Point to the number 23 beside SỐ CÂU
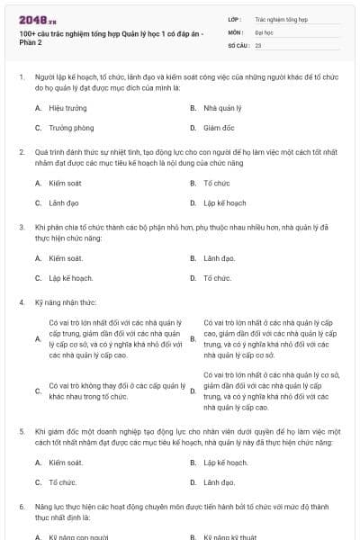point(258,43)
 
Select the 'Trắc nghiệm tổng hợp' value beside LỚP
point(281,18)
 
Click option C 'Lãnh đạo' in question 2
point(64,203)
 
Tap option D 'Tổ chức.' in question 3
point(217,278)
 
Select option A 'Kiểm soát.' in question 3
point(66,258)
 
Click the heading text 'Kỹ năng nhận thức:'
point(62,301)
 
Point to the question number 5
point(22,432)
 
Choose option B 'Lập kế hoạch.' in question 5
point(225,463)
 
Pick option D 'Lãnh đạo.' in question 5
point(219,482)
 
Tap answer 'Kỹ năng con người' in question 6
point(78,537)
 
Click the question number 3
point(22,228)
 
